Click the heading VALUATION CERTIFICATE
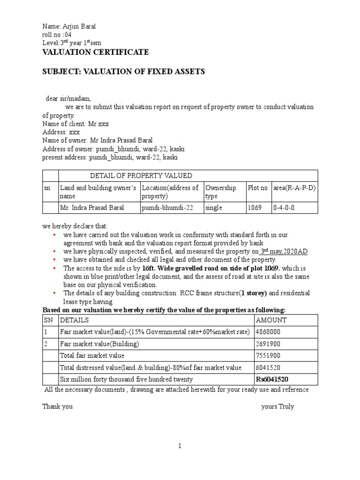[x=96, y=52]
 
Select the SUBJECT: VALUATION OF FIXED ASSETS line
[x=124, y=71]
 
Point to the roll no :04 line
[x=58, y=35]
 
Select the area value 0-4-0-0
[x=284, y=208]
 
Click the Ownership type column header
[x=221, y=191]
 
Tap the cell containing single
[x=214, y=208]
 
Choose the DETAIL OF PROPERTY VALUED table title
[x=141, y=176]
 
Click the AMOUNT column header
[x=271, y=320]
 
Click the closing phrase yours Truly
[x=277, y=406]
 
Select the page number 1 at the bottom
[x=180, y=446]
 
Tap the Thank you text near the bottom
[x=58, y=406]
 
